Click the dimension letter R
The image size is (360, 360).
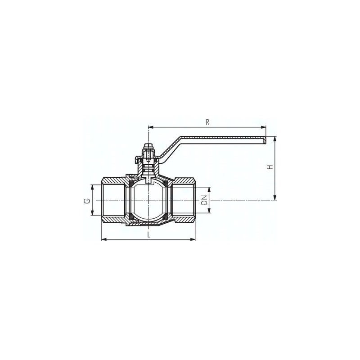click(x=207, y=122)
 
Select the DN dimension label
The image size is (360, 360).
click(x=204, y=200)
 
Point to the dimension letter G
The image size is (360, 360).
click(x=87, y=201)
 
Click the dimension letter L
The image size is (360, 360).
click(x=149, y=234)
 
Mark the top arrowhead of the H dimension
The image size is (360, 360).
click(x=275, y=139)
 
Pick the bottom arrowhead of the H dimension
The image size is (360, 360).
click(x=275, y=198)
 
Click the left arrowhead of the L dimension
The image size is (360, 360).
click(x=104, y=239)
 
